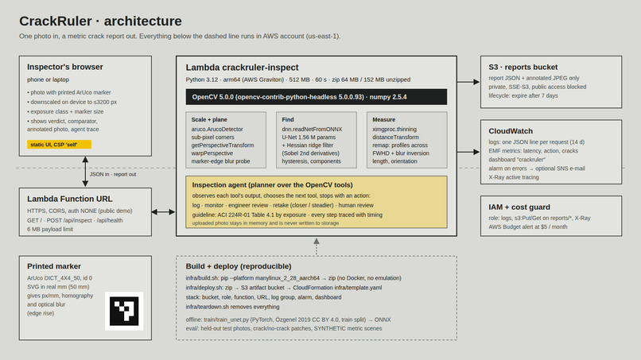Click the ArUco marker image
tap(124, 311)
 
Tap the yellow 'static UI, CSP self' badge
tap(59, 145)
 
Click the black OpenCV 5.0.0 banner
tap(316, 97)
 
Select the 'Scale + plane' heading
tap(209, 120)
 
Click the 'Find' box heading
tap(288, 120)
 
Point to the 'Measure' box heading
tap(383, 120)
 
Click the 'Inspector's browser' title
tap(65, 67)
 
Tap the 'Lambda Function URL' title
tap(69, 199)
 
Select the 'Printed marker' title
tap(54, 266)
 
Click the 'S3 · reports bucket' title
tap(523, 67)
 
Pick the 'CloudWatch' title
tap(511, 131)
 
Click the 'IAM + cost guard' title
tap(519, 207)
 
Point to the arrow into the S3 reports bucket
tap(468, 82)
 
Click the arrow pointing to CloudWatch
tap(468, 152)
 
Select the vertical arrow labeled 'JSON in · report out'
tap(85, 172)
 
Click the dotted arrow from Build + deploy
tap(317, 247)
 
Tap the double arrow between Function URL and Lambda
tap(164, 211)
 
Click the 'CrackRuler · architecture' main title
tap(100, 21)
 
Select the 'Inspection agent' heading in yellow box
tap(272, 185)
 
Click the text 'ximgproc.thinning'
tap(394, 129)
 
